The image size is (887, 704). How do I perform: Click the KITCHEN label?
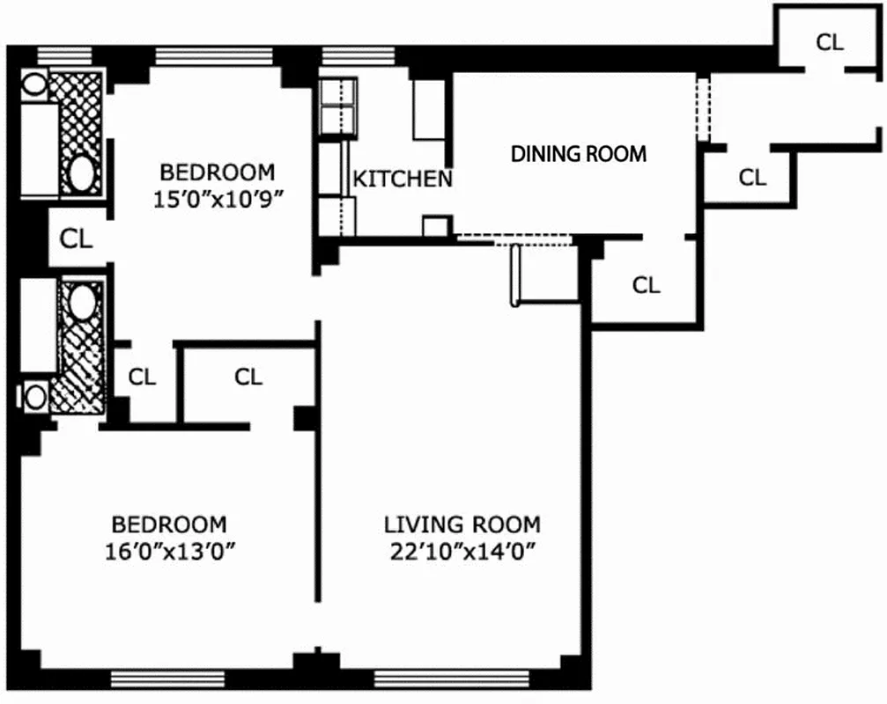pyautogui.click(x=403, y=180)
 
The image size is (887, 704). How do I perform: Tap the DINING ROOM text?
pyautogui.click(x=579, y=153)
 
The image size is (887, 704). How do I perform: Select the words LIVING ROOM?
pyautogui.click(x=462, y=525)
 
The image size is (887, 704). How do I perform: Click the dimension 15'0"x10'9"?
pyautogui.click(x=217, y=199)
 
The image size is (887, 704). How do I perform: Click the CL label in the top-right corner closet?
pyautogui.click(x=829, y=42)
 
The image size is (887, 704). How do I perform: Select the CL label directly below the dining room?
pyautogui.click(x=646, y=285)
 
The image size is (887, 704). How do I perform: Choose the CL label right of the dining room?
pyautogui.click(x=751, y=178)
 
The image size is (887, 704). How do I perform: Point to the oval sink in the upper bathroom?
pyautogui.click(x=83, y=173)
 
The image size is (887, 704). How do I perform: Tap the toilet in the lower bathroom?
pyautogui.click(x=35, y=395)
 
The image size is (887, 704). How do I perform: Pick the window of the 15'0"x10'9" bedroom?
pyautogui.click(x=214, y=56)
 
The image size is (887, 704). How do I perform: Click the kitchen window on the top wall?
pyautogui.click(x=345, y=56)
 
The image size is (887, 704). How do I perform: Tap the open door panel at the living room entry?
pyautogui.click(x=514, y=275)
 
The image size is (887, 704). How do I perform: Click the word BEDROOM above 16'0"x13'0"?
pyautogui.click(x=169, y=525)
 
